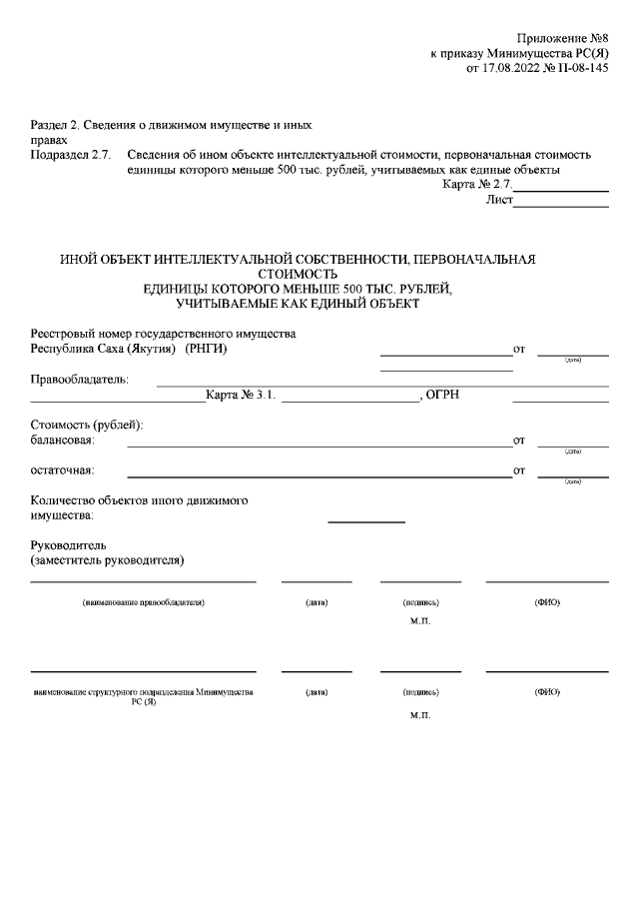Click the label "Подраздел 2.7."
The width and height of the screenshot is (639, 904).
click(70, 156)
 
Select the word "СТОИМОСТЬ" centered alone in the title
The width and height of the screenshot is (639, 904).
click(299, 273)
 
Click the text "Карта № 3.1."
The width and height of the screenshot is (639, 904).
click(240, 397)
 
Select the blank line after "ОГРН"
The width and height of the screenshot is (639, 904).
click(560, 400)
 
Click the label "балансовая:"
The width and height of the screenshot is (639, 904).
click(63, 441)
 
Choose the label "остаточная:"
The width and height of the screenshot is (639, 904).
click(62, 470)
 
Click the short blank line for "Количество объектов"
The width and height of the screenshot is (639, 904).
click(366, 520)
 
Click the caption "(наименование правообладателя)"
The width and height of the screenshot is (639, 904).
click(143, 603)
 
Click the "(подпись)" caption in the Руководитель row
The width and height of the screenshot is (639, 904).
click(420, 603)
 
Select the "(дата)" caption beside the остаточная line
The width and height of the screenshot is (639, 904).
click(572, 481)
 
